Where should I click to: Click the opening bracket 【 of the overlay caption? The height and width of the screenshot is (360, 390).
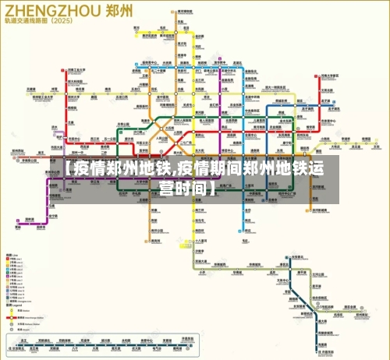pos(69,169)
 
